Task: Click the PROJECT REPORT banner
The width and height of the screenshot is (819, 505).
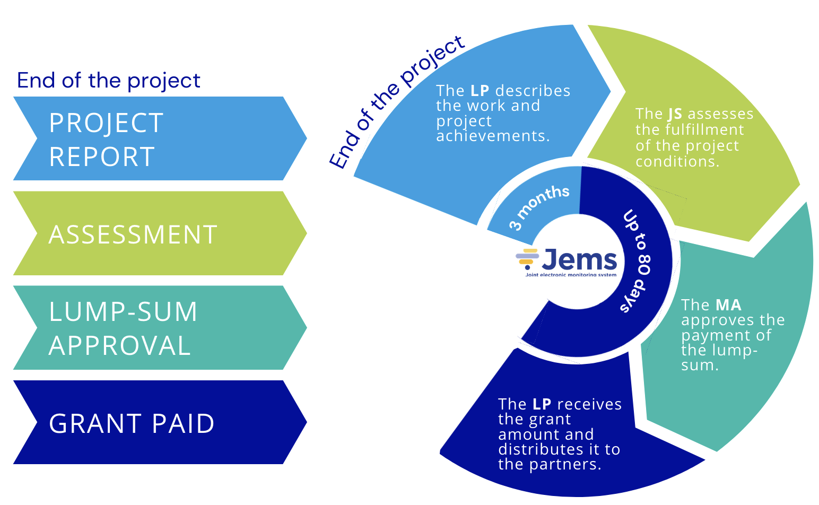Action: coord(159,138)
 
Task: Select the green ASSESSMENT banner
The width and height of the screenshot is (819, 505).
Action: coord(159,233)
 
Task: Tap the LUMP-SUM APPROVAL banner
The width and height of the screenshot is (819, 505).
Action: coord(159,328)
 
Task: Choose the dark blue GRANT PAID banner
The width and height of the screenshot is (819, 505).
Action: coord(159,423)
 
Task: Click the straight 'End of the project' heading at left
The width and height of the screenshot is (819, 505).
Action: coord(109,81)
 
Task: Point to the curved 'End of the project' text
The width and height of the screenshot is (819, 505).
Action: coord(395,101)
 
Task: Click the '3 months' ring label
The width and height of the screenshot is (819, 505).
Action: coord(539,207)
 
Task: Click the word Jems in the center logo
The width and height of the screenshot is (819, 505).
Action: coord(580,260)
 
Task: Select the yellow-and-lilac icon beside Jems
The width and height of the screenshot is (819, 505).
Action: coord(527,257)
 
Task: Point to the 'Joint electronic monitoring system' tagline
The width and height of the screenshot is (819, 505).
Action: coord(571,275)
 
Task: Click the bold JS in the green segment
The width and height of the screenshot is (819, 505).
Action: coord(675,114)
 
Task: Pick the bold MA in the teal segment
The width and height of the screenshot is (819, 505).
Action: coord(728,305)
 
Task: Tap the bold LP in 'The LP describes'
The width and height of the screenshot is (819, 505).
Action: coord(480,91)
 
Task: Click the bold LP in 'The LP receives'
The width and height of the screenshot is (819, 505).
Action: coord(542,404)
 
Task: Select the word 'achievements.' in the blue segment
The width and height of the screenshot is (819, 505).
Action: coord(493,136)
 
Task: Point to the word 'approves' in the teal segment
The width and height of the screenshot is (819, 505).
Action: coord(711,320)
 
